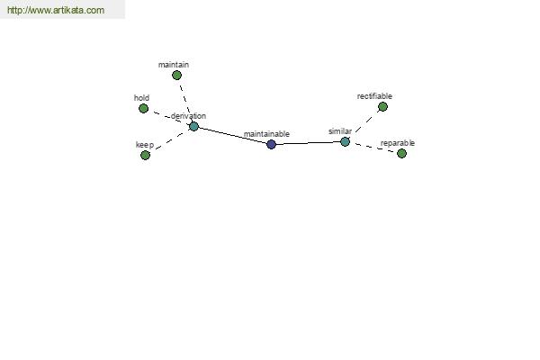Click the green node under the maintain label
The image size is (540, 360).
[176, 75]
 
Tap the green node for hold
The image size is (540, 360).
[143, 109]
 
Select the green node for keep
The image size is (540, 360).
[145, 156]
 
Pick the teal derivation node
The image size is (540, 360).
[193, 126]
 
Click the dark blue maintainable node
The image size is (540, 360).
[272, 144]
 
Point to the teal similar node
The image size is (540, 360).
[345, 141]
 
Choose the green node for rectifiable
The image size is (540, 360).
[382, 107]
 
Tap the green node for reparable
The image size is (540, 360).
[401, 153]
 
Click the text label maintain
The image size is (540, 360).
[174, 65]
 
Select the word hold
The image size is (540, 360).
[141, 98]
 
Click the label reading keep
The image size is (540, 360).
[145, 145]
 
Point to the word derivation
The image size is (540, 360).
[188, 116]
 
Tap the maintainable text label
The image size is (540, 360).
[266, 134]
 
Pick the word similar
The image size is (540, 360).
[340, 131]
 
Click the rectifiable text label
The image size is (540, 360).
[374, 96]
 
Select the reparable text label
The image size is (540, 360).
[398, 143]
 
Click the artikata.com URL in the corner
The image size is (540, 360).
[56, 10]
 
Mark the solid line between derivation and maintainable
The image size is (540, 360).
[232, 135]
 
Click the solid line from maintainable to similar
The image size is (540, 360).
[308, 143]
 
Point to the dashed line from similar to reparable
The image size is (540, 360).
[373, 148]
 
